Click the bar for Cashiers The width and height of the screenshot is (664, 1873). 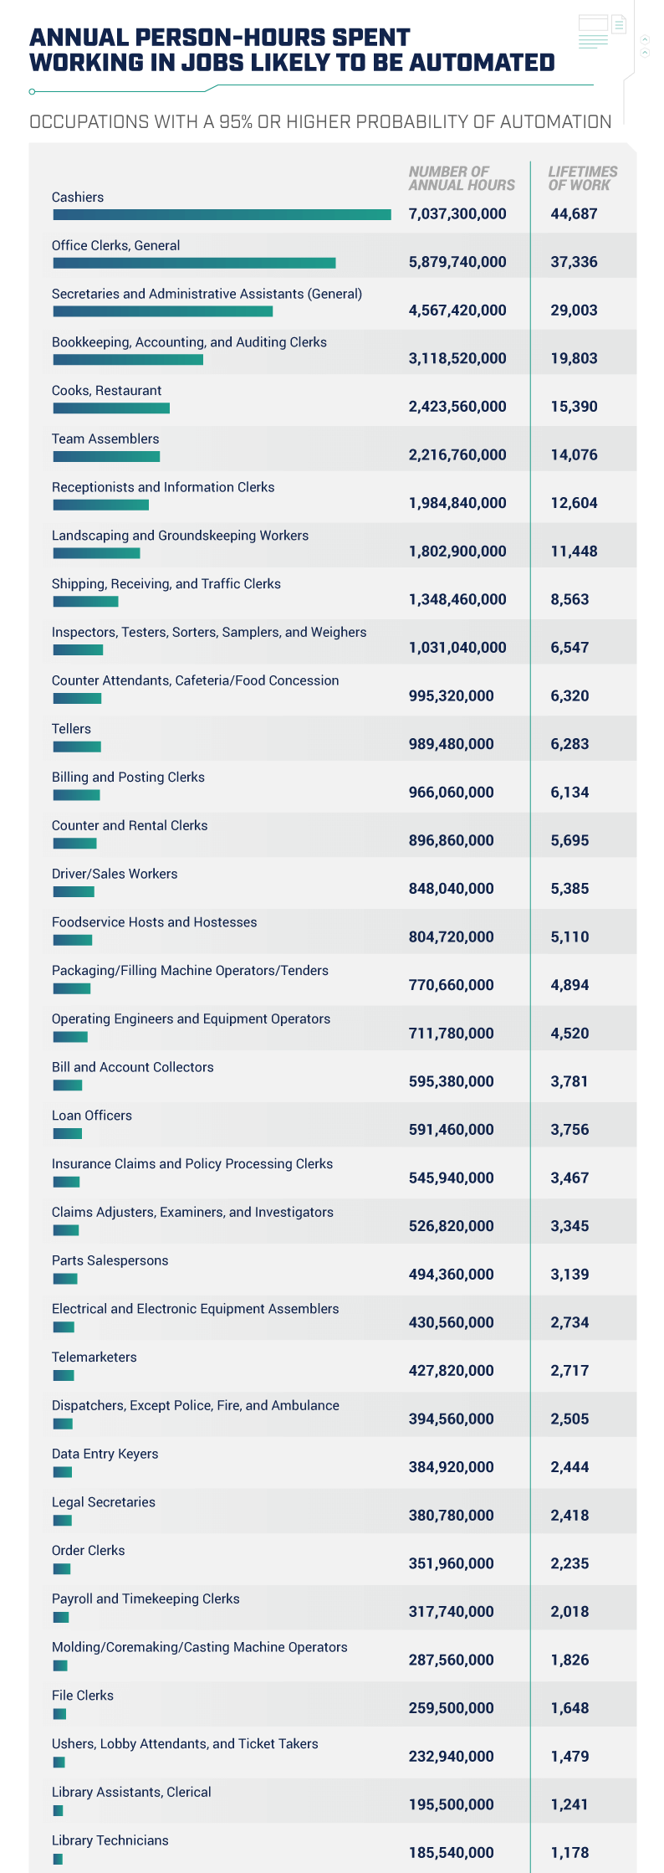(222, 215)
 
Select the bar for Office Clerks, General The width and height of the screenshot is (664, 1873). (194, 263)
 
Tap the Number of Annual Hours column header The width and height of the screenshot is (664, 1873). (462, 178)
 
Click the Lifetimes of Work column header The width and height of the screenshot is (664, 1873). (582, 178)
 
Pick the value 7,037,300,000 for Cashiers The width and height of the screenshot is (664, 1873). (457, 214)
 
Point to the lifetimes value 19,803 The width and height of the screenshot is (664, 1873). (574, 359)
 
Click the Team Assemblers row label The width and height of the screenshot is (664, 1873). (105, 439)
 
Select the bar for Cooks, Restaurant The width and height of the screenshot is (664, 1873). (111, 408)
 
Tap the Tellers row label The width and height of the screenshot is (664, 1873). (71, 729)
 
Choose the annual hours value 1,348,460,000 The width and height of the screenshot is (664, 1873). (457, 600)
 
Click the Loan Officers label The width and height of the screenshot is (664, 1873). (92, 1116)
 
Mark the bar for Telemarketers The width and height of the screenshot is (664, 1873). (64, 1375)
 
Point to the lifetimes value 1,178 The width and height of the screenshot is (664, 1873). (570, 1853)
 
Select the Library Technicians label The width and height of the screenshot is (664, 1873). (110, 1840)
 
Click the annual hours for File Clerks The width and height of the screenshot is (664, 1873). (451, 1708)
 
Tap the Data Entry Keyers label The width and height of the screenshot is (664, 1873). (105, 1454)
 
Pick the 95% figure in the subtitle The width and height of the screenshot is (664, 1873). (236, 122)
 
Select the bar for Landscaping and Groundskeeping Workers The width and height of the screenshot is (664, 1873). (96, 553)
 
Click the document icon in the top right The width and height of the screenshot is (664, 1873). (619, 25)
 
